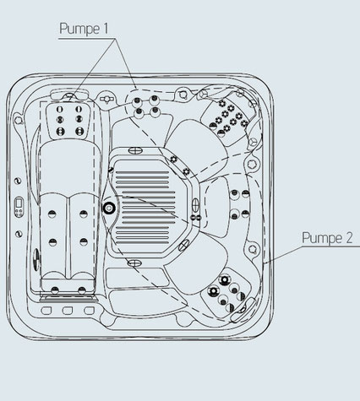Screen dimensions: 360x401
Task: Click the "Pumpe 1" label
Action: (x=84, y=29)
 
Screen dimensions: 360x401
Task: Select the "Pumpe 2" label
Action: (x=327, y=238)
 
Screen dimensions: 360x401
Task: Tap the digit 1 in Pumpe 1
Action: (x=106, y=28)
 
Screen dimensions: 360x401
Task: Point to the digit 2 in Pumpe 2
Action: (x=348, y=238)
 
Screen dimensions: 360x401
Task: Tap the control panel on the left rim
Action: (x=19, y=207)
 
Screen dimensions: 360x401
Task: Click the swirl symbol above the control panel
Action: (x=18, y=181)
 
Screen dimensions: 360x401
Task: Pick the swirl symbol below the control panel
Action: (x=19, y=234)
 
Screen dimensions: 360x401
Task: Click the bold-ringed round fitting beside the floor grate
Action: (x=108, y=208)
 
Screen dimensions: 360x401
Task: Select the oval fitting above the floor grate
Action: (x=135, y=150)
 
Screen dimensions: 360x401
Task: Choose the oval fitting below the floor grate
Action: (x=134, y=263)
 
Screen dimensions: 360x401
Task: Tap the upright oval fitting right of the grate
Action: (x=195, y=205)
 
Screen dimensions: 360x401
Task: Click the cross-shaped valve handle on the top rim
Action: (x=106, y=99)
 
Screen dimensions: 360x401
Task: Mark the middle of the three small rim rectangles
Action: (x=68, y=311)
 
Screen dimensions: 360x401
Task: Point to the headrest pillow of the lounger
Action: (x=69, y=95)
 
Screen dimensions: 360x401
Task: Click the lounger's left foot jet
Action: (x=55, y=290)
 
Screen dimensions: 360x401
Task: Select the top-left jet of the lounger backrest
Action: (x=60, y=109)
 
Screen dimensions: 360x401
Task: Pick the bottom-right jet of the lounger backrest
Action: (x=79, y=131)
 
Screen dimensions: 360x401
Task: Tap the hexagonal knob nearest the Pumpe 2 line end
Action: (x=253, y=249)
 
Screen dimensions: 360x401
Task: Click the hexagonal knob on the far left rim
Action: (x=19, y=120)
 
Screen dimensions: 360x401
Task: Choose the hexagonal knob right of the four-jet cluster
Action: (x=183, y=94)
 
